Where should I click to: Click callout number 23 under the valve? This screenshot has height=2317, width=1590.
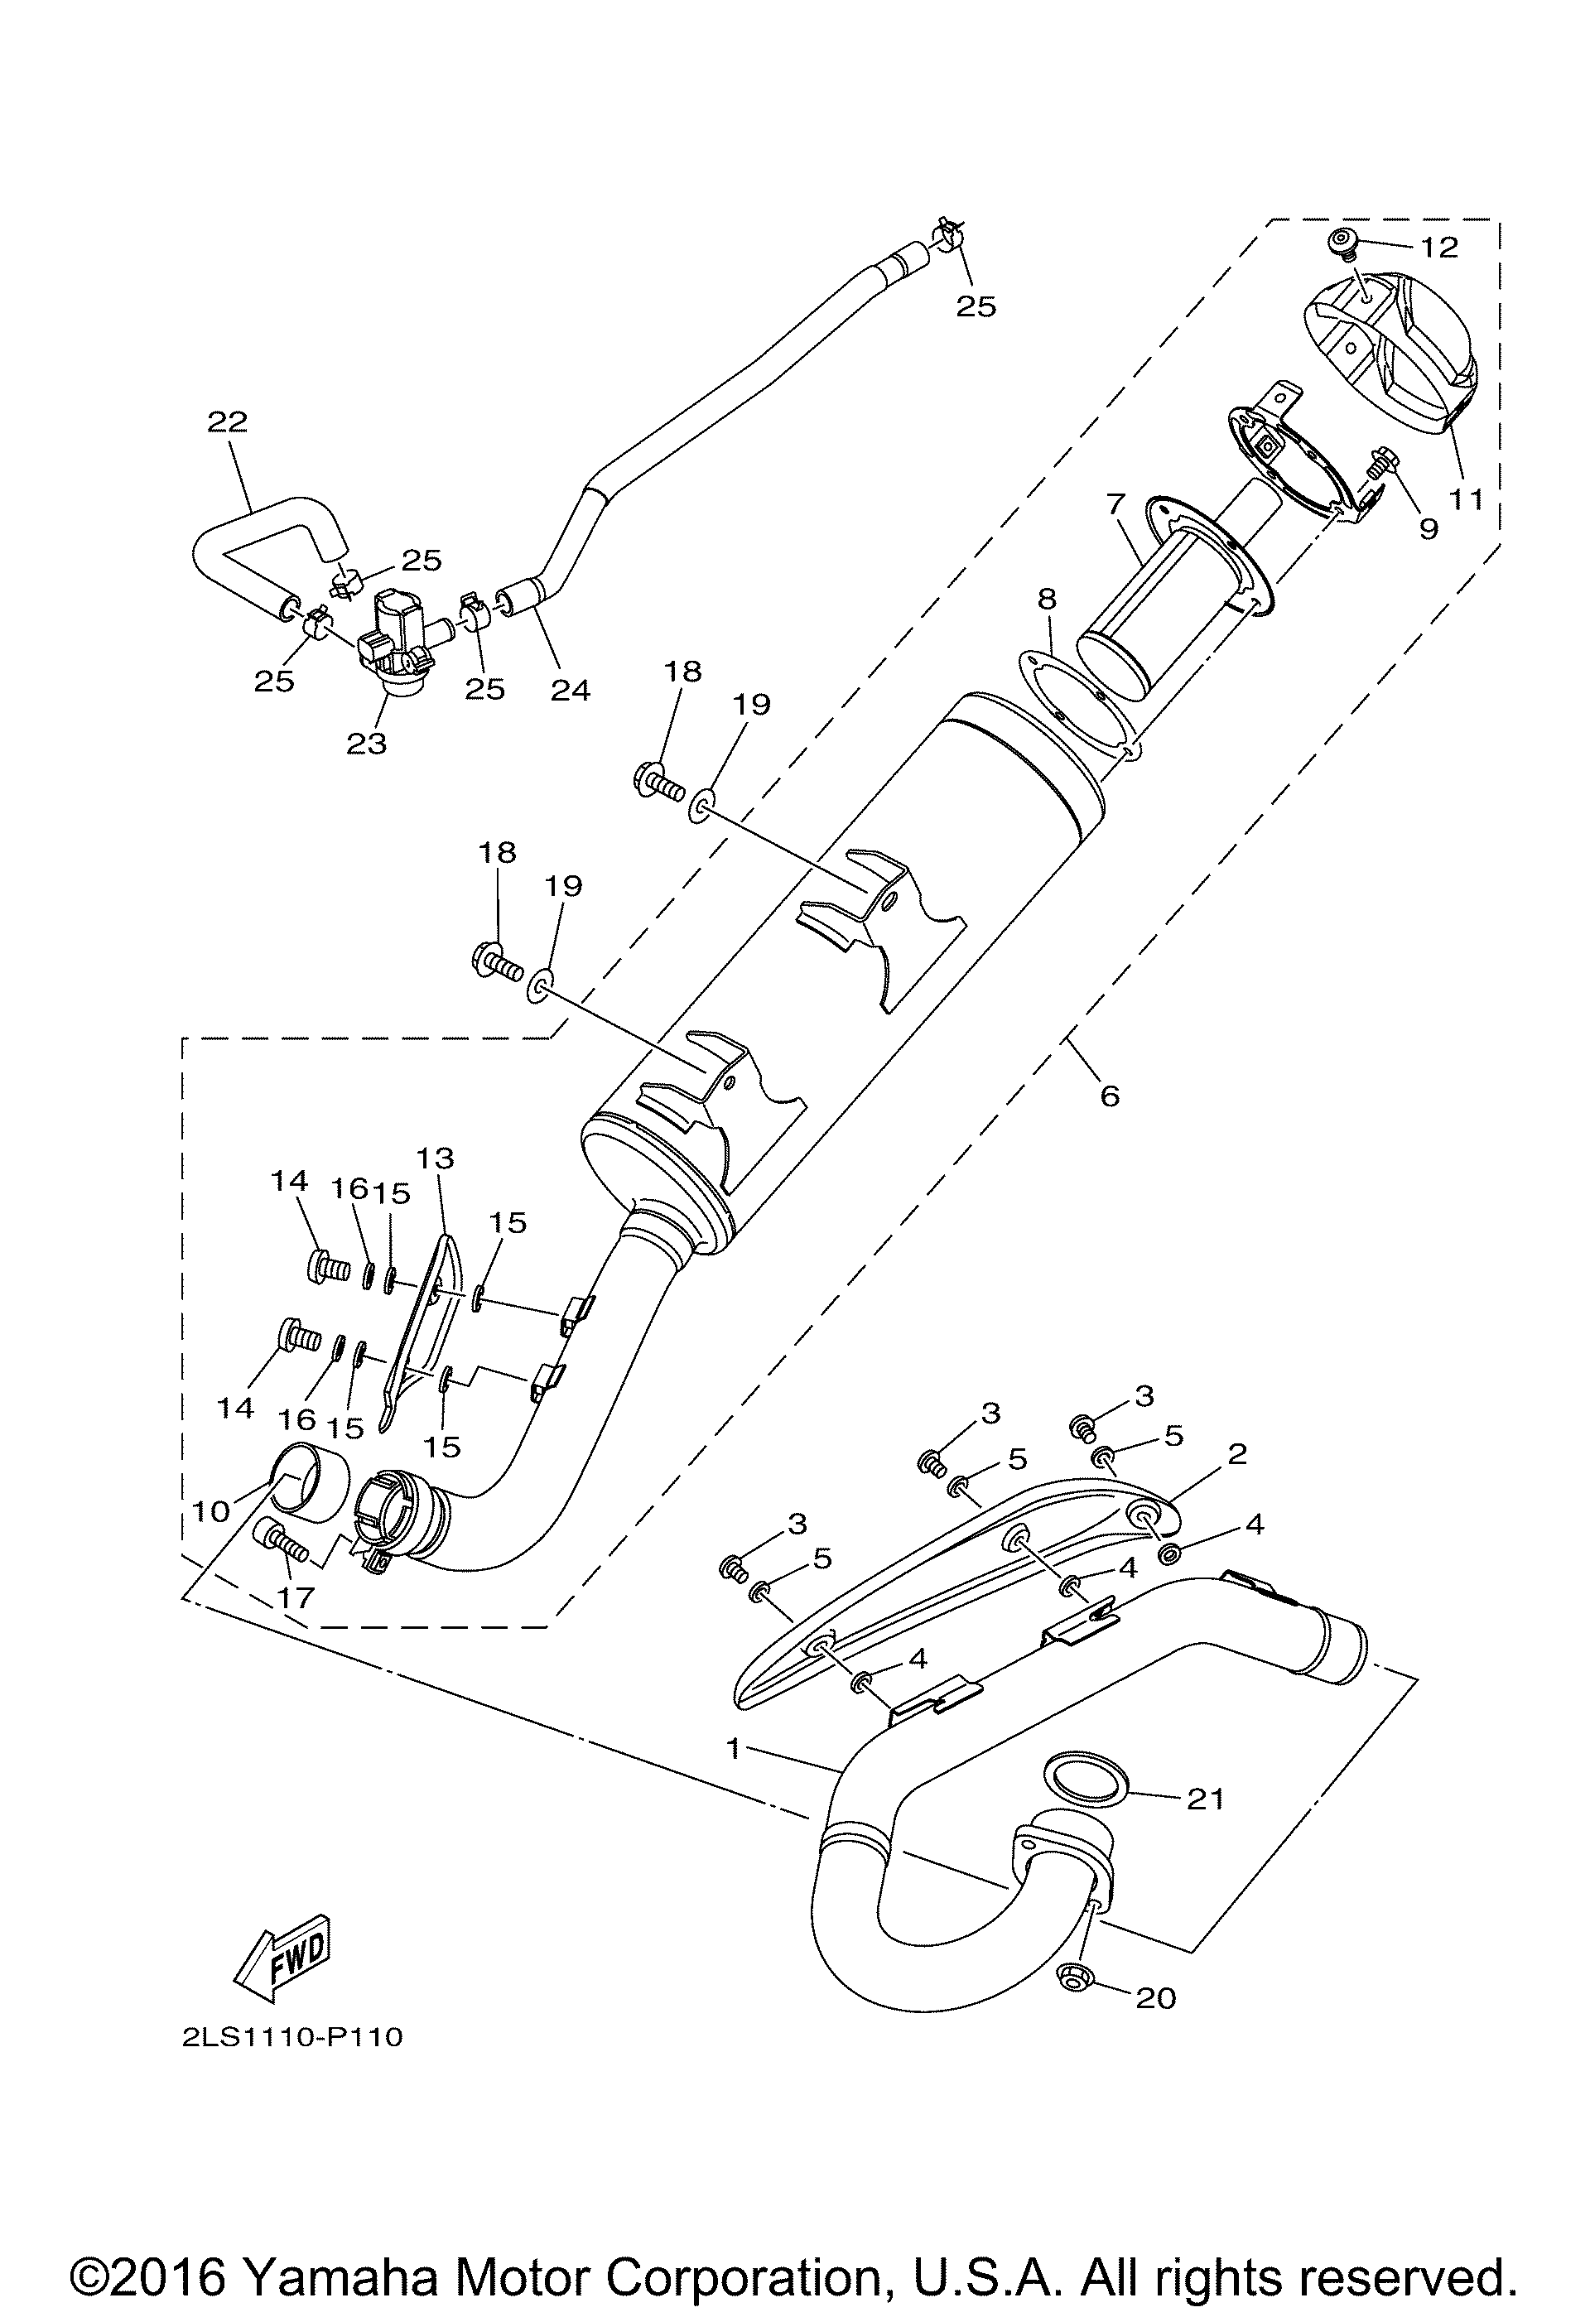click(366, 743)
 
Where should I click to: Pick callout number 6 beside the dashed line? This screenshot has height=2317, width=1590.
click(1110, 1096)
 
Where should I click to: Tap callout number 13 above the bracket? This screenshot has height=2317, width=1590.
click(435, 1158)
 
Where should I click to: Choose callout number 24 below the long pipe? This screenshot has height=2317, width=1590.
click(571, 689)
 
